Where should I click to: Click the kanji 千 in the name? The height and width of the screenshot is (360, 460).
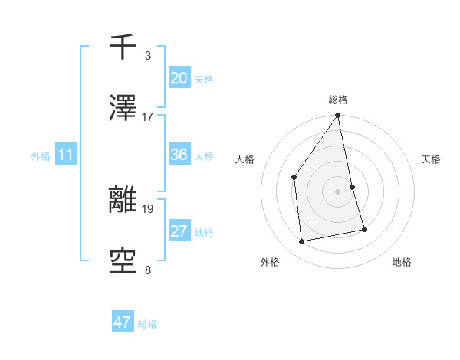pyautogui.click(x=123, y=47)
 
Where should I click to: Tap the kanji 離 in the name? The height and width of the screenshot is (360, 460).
pyautogui.click(x=123, y=201)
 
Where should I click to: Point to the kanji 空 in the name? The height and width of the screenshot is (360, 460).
pyautogui.click(x=123, y=263)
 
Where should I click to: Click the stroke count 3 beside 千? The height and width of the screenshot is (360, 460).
pyautogui.click(x=148, y=55)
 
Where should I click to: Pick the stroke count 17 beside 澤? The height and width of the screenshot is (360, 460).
pyautogui.click(x=148, y=117)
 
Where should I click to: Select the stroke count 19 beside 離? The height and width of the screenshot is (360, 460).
pyautogui.click(x=148, y=208)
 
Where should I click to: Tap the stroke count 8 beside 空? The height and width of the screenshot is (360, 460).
pyautogui.click(x=148, y=270)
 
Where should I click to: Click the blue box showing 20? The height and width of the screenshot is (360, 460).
pyautogui.click(x=179, y=78)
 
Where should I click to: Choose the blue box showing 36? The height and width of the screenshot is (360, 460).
pyautogui.click(x=179, y=155)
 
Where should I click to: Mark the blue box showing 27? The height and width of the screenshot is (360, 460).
pyautogui.click(x=179, y=231)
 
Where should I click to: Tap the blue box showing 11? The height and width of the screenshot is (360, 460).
pyautogui.click(x=65, y=155)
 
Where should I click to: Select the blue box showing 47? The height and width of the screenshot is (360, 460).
pyautogui.click(x=123, y=322)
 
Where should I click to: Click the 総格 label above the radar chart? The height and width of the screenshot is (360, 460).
pyautogui.click(x=338, y=100)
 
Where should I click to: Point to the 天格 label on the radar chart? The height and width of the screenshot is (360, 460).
pyautogui.click(x=431, y=159)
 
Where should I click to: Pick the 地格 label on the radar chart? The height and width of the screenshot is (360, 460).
pyautogui.click(x=402, y=262)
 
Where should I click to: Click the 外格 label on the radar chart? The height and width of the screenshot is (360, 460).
pyautogui.click(x=270, y=262)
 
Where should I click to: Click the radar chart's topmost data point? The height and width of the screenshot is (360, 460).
pyautogui.click(x=338, y=116)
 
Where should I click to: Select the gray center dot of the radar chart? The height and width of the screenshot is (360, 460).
pyautogui.click(x=338, y=191)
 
